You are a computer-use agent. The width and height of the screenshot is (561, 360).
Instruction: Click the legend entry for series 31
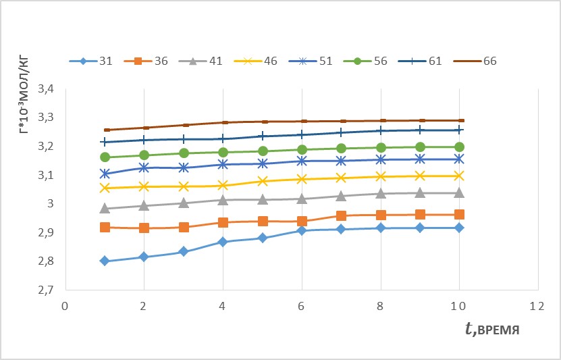(91, 61)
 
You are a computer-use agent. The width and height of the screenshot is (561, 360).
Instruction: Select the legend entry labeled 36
(146, 61)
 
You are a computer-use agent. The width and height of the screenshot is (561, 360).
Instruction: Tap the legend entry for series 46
(255, 61)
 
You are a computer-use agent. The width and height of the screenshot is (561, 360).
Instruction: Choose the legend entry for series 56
(365, 61)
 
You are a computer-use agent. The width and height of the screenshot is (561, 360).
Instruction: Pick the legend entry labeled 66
(475, 61)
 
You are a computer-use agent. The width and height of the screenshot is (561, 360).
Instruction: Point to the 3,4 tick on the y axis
(45, 89)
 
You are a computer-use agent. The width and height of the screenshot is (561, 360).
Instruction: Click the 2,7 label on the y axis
(45, 290)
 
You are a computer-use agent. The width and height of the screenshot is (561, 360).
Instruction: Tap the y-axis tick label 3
(50, 203)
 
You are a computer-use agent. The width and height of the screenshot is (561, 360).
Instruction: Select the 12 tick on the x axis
(538, 307)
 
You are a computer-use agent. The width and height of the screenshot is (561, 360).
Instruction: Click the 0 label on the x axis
(65, 307)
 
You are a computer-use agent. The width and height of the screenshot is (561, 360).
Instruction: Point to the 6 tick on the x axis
(301, 307)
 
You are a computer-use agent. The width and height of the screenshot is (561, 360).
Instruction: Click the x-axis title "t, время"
(492, 328)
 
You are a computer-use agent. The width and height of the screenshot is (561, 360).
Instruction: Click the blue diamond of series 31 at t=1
(105, 261)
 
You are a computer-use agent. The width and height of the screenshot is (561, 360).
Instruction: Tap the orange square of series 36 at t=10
(459, 215)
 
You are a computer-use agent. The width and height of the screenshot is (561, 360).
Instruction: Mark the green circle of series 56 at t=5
(263, 151)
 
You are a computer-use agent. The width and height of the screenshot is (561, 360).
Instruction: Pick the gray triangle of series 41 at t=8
(381, 193)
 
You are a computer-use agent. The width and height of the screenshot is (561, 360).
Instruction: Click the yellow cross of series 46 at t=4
(223, 185)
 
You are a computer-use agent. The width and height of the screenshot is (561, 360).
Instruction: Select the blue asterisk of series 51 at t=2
(144, 167)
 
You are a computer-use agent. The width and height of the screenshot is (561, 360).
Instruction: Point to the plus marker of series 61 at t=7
(341, 132)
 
